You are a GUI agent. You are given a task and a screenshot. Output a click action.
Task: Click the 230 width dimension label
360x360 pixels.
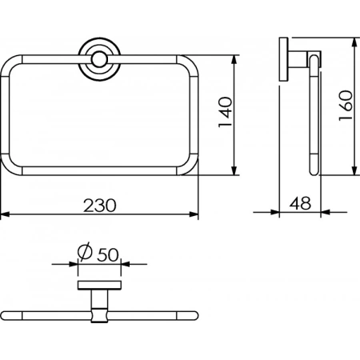(100, 206)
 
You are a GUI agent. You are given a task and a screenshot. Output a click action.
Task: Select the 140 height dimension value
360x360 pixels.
(226, 112)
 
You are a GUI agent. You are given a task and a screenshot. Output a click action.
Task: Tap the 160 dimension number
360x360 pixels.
(346, 106)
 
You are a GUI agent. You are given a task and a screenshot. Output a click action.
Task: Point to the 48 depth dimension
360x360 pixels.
(300, 203)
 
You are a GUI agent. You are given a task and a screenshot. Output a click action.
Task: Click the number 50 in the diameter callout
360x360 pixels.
(108, 254)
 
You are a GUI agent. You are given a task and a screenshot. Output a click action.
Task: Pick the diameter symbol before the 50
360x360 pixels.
(85, 252)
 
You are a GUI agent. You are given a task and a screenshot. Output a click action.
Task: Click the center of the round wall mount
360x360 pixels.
(99, 60)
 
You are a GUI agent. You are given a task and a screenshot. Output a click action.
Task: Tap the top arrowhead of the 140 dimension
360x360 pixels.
(234, 59)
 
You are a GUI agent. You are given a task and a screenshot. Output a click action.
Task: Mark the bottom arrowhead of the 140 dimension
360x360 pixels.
(234, 170)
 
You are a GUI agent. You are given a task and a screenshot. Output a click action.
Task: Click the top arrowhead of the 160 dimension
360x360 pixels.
(354, 42)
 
